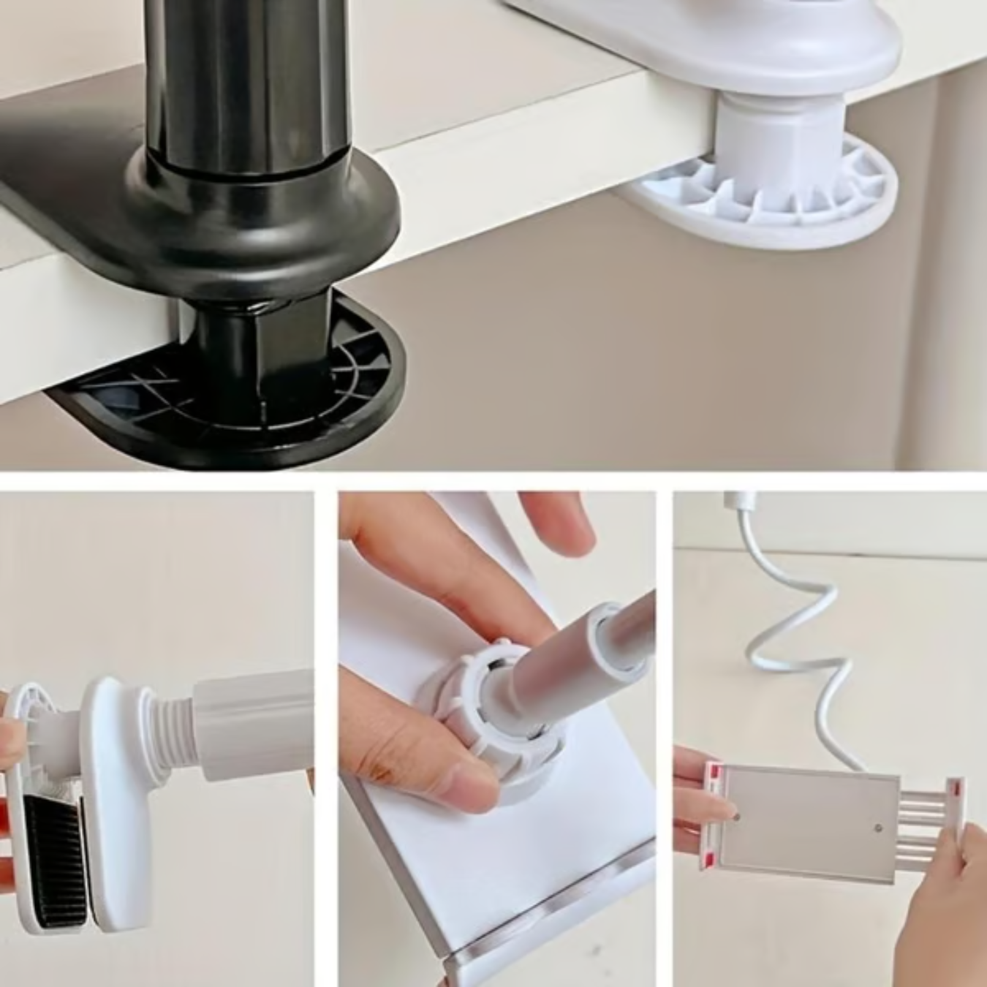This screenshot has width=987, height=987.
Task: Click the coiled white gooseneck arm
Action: click(x=797, y=643)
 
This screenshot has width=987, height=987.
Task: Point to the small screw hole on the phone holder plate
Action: click(x=878, y=828)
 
